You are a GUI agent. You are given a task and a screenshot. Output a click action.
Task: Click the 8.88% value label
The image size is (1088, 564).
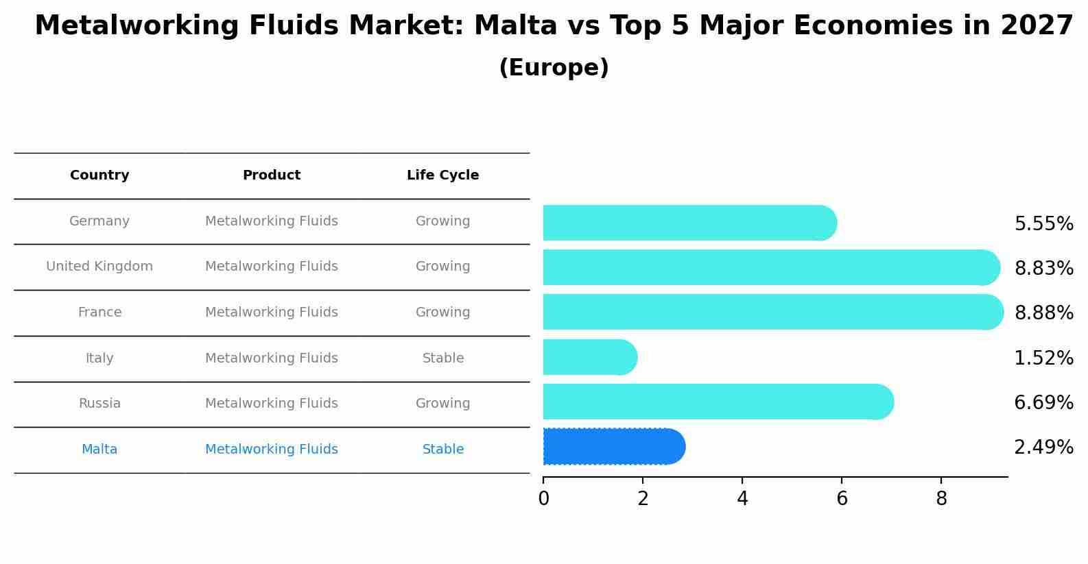pyautogui.click(x=1043, y=313)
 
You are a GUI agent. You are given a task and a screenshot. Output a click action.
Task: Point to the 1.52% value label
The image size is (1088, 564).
pyautogui.click(x=1043, y=358)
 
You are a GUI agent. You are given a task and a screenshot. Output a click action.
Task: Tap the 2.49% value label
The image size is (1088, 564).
pyautogui.click(x=1043, y=447)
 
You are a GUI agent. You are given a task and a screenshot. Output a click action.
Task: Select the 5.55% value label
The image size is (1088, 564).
pyautogui.click(x=1043, y=224)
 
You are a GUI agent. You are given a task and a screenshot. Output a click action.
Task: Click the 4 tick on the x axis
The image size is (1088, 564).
pyautogui.click(x=742, y=499)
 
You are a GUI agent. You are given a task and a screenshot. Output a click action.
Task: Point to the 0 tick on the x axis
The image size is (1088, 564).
pyautogui.click(x=543, y=499)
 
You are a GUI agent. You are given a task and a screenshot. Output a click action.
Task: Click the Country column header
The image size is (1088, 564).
pyautogui.click(x=99, y=175)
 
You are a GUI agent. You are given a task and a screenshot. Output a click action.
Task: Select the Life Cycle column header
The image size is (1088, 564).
pyautogui.click(x=442, y=175)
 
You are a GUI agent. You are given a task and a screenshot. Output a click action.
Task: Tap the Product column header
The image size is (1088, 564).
pyautogui.click(x=272, y=175)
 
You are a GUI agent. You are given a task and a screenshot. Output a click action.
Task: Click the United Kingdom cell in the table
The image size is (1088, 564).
pyautogui.click(x=99, y=267)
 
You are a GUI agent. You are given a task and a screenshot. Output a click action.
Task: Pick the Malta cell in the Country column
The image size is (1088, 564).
pyautogui.click(x=99, y=450)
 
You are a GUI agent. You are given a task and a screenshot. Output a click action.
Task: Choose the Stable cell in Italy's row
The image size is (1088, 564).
pyautogui.click(x=442, y=358)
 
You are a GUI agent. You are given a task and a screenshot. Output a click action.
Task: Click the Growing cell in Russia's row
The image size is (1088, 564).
pyautogui.click(x=442, y=404)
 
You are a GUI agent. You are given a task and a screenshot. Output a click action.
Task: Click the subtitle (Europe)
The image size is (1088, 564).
pyautogui.click(x=554, y=68)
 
